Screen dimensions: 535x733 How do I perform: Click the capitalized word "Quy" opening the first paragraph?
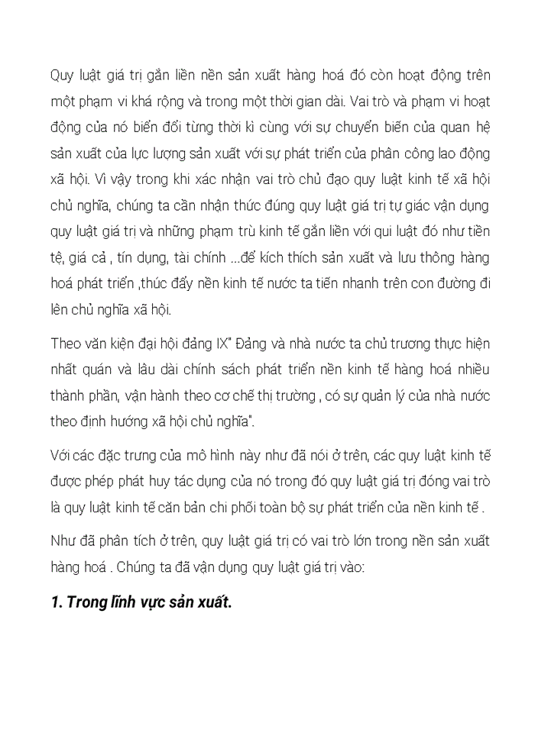pos(62,76)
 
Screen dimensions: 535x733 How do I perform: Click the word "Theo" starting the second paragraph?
pos(64,343)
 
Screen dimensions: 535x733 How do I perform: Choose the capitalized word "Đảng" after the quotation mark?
pos(243,343)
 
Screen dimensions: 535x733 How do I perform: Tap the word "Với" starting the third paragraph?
pos(61,456)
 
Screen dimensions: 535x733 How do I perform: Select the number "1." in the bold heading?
pos(56,602)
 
